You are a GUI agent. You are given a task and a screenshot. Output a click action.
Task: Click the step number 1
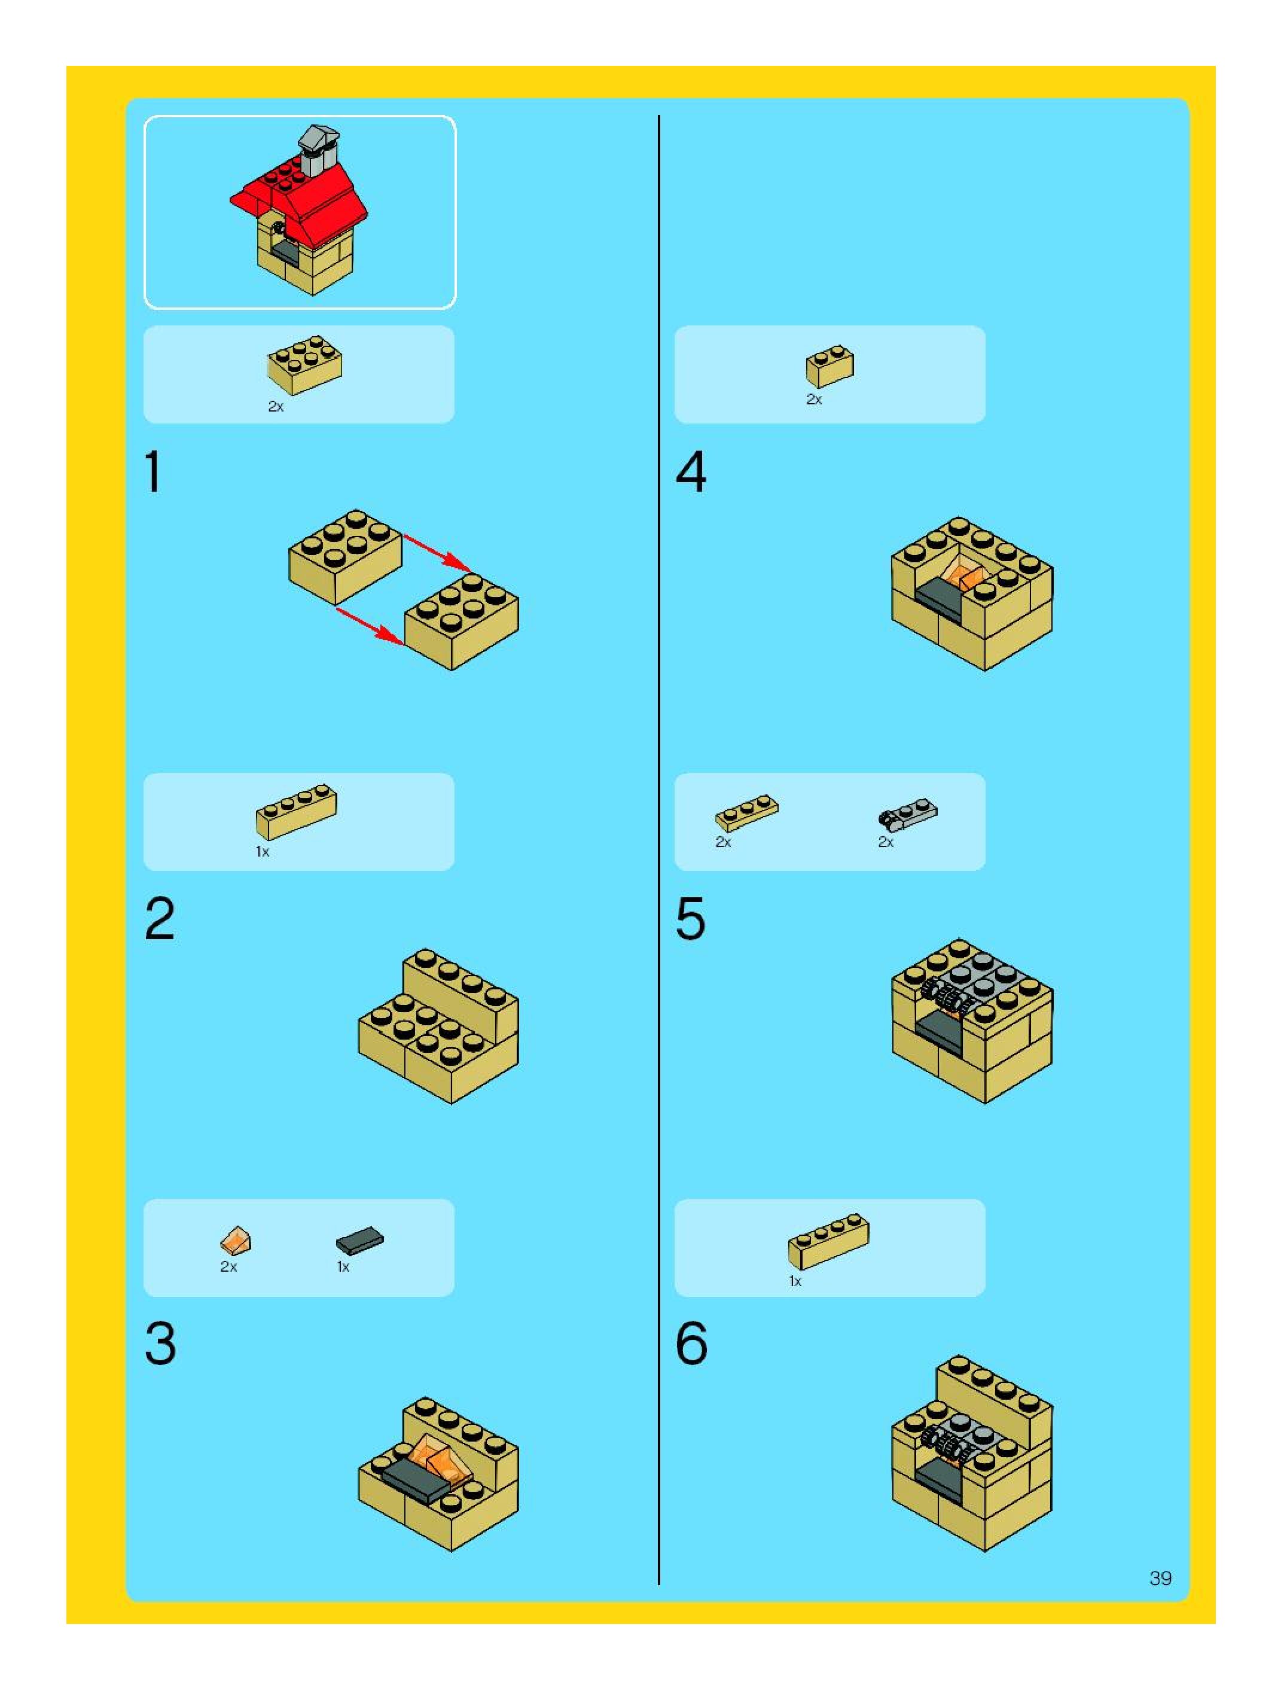pyautogui.click(x=154, y=471)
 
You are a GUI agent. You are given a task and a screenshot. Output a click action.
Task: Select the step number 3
pyautogui.click(x=160, y=1344)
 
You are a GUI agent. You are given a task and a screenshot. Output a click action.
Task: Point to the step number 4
pyautogui.click(x=691, y=471)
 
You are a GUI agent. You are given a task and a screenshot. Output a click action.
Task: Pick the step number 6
pyautogui.click(x=691, y=1344)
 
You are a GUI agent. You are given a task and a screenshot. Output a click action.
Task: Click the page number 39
pyautogui.click(x=1160, y=1578)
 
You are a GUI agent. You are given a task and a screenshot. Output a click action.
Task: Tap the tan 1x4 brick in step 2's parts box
pyautogui.click(x=296, y=811)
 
